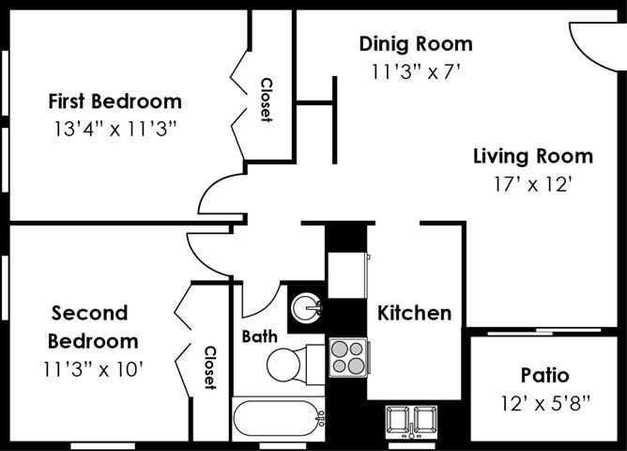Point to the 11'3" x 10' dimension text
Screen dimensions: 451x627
[92, 368]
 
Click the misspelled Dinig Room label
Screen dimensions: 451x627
[416, 43]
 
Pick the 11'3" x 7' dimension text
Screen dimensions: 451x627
[416, 70]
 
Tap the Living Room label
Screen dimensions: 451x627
[532, 156]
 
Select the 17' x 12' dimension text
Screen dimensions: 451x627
[532, 184]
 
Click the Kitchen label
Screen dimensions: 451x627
[414, 313]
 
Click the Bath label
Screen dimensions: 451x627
[258, 335]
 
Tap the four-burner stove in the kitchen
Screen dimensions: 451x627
[348, 357]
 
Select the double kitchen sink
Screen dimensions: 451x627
[412, 419]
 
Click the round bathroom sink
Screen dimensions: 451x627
[306, 307]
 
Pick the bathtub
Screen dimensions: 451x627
[278, 417]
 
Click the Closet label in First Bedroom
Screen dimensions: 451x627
[266, 100]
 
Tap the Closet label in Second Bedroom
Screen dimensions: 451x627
[211, 367]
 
